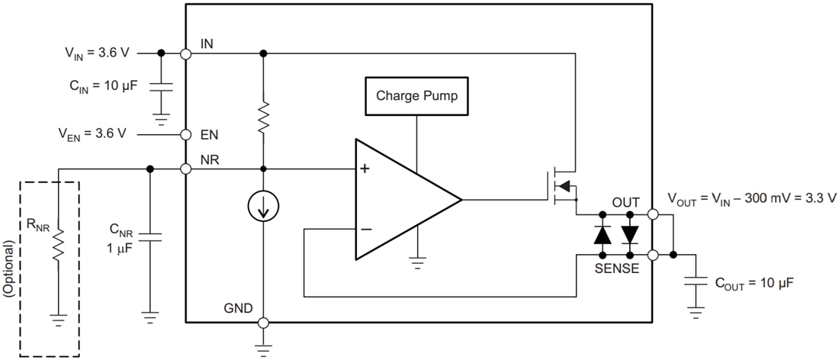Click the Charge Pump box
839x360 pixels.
pos(416,97)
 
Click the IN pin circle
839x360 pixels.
pos(185,53)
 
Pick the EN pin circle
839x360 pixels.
pos(185,134)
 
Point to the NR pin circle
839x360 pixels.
pos(185,169)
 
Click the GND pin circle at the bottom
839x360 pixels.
pos(263,323)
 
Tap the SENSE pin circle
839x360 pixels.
pos(654,255)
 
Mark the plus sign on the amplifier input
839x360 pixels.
pos(365,169)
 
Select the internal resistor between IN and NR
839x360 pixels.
pos(263,119)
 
